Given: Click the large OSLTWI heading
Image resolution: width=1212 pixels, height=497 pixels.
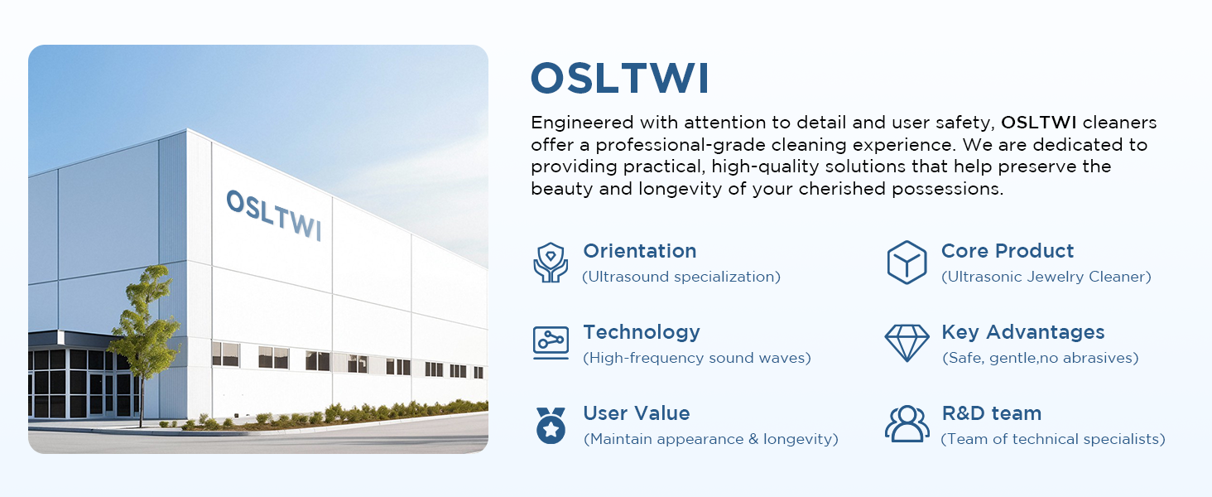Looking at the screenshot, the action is (619, 79).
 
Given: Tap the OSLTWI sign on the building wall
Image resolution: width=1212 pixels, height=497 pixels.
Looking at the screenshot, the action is (274, 215).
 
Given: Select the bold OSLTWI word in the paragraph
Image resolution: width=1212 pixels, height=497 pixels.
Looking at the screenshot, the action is (1038, 123).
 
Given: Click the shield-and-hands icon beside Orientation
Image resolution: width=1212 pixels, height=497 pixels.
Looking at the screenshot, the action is (551, 263).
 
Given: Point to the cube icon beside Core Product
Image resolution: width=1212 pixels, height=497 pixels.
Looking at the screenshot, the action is (907, 263).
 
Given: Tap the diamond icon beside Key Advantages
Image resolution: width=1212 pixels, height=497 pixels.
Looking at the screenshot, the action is (907, 343).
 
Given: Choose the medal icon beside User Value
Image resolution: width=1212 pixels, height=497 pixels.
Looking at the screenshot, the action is (551, 426).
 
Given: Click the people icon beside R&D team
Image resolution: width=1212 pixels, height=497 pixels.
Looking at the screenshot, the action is (907, 424).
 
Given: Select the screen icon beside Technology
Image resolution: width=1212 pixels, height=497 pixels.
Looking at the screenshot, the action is (551, 343).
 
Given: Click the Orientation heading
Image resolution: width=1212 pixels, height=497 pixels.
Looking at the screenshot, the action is (640, 251).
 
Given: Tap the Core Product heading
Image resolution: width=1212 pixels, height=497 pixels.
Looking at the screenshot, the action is (1008, 251).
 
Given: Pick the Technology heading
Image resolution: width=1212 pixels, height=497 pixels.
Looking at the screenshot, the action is (642, 332).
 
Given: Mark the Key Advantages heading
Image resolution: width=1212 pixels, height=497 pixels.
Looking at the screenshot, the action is (1022, 332).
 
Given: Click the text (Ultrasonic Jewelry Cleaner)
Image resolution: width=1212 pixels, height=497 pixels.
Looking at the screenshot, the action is (1046, 277).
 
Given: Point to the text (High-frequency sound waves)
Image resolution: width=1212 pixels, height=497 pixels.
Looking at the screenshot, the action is (697, 358).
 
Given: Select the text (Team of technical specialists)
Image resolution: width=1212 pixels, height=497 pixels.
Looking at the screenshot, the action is (1053, 439).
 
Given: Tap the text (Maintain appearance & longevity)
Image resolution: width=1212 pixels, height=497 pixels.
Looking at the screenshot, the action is (711, 439).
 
